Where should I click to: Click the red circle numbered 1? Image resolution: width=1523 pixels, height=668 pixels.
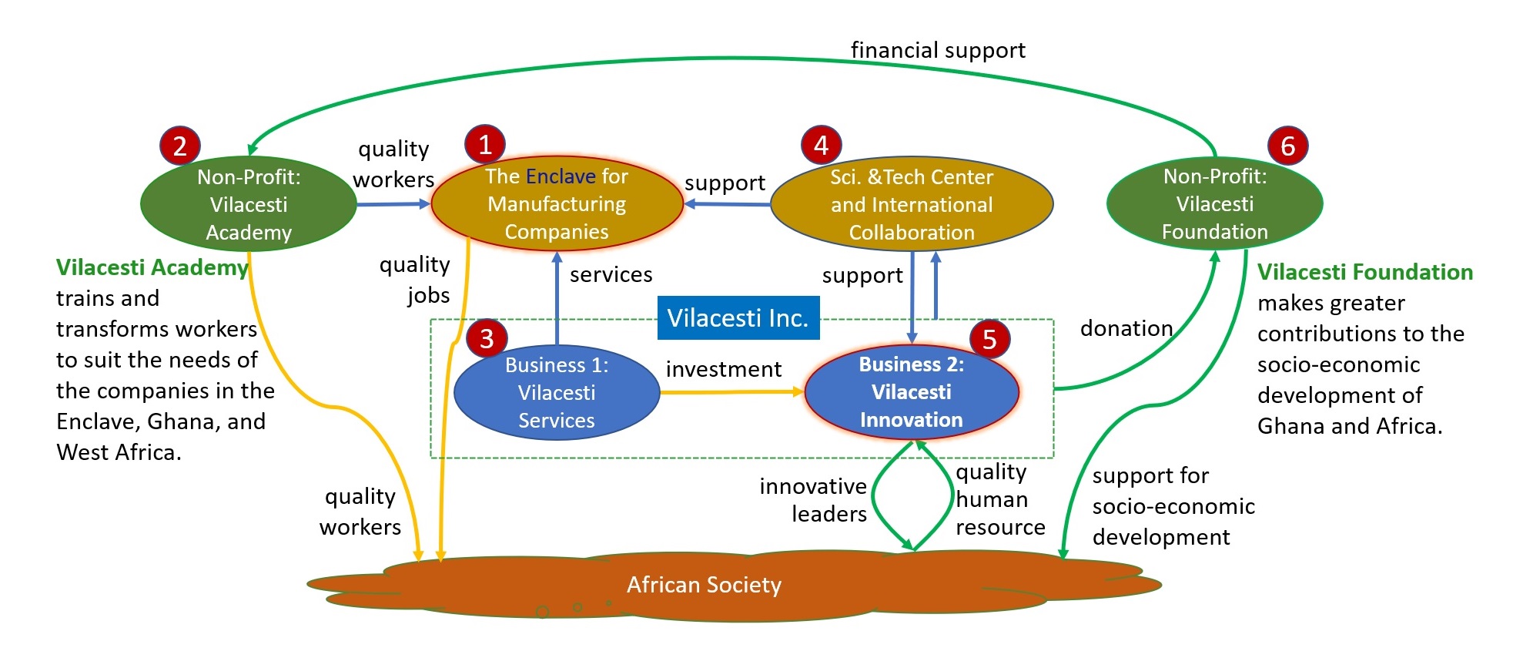[485, 144]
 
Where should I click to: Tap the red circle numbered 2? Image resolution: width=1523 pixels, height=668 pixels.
[180, 146]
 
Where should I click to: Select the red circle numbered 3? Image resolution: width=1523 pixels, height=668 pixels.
[487, 338]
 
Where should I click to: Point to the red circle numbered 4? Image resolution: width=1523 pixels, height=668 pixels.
[821, 145]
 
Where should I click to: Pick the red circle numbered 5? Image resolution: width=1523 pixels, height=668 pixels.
[990, 339]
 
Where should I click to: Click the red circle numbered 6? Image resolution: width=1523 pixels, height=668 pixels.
[1288, 146]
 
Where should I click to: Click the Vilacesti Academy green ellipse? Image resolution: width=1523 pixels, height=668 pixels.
[249, 205]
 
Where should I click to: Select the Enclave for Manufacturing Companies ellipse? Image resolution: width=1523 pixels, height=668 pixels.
[557, 204]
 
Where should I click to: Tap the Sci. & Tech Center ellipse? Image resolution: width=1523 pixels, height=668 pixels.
[912, 205]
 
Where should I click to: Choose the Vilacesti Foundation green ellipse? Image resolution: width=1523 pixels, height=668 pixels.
[1214, 204]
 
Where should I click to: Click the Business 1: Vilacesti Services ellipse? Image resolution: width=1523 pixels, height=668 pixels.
[557, 393]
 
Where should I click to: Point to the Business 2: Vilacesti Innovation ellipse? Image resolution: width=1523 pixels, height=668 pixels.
[912, 392]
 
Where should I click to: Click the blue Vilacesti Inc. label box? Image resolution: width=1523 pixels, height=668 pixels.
[738, 318]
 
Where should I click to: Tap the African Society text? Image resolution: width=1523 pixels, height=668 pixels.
[704, 586]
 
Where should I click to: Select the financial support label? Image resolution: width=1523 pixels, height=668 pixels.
[938, 51]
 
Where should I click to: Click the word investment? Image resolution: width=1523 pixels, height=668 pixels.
[724, 370]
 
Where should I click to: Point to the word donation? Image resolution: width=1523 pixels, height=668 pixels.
[1126, 329]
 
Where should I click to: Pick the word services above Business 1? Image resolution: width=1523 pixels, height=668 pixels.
[611, 275]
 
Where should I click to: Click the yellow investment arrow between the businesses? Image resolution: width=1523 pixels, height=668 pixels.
[731, 392]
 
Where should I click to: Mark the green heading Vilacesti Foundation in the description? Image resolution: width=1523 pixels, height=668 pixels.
[1364, 272]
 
